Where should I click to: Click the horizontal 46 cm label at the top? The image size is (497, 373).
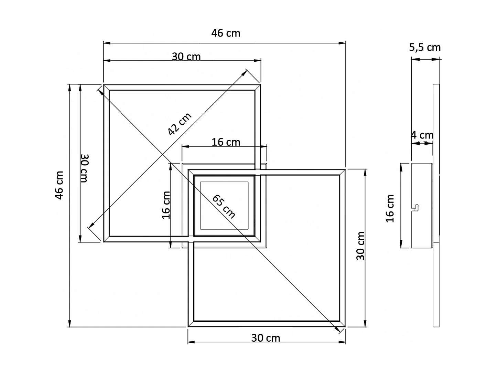point(226,33)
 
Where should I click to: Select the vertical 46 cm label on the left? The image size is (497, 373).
point(60,185)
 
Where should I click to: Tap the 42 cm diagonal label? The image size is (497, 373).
point(180,124)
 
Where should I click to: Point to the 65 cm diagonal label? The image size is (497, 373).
point(224,206)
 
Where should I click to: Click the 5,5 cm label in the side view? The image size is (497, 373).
point(425,47)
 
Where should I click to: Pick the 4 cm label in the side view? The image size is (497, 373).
point(422,135)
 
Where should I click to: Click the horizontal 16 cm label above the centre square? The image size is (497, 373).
point(226,142)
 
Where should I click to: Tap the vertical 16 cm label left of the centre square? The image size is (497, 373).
point(166,205)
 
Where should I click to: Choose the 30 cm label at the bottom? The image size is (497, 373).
point(266,338)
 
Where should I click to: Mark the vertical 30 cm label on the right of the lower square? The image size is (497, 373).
point(360,246)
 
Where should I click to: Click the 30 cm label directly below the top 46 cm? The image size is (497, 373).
point(186,56)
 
